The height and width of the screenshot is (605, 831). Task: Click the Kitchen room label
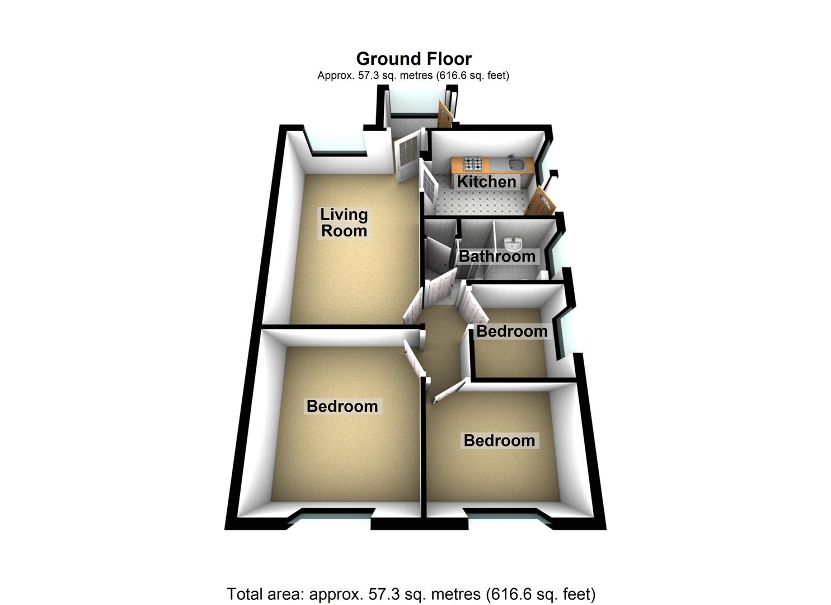486,182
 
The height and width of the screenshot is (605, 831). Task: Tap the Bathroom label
497,256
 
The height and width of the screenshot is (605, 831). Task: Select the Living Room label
344,222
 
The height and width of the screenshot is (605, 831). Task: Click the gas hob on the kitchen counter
473,164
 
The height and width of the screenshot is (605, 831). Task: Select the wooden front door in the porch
445,114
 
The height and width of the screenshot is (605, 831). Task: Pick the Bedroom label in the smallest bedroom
511,331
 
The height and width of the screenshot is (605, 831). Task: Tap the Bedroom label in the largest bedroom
342,406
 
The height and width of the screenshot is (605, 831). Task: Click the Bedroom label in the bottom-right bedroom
499,440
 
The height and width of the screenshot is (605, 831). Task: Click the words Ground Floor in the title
414,59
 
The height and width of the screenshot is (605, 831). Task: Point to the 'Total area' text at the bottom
411,594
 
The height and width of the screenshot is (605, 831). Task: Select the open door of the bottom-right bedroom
450,392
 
